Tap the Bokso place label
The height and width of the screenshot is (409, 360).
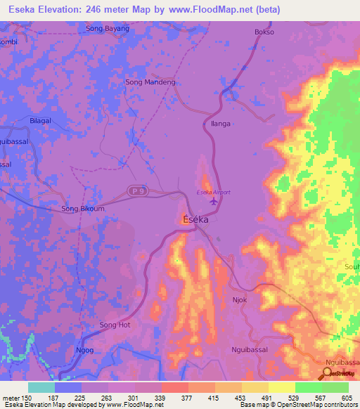click(264, 32)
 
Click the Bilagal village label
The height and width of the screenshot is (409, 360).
click(41, 121)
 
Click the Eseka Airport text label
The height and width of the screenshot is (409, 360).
click(213, 193)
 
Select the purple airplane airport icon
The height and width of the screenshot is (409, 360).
click(214, 204)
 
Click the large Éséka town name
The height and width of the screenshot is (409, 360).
click(195, 219)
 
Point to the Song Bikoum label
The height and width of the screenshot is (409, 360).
click(83, 209)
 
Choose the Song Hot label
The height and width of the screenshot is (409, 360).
click(115, 325)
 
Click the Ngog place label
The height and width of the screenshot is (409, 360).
click(84, 349)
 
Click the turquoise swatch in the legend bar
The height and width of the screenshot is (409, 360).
click(41, 387)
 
